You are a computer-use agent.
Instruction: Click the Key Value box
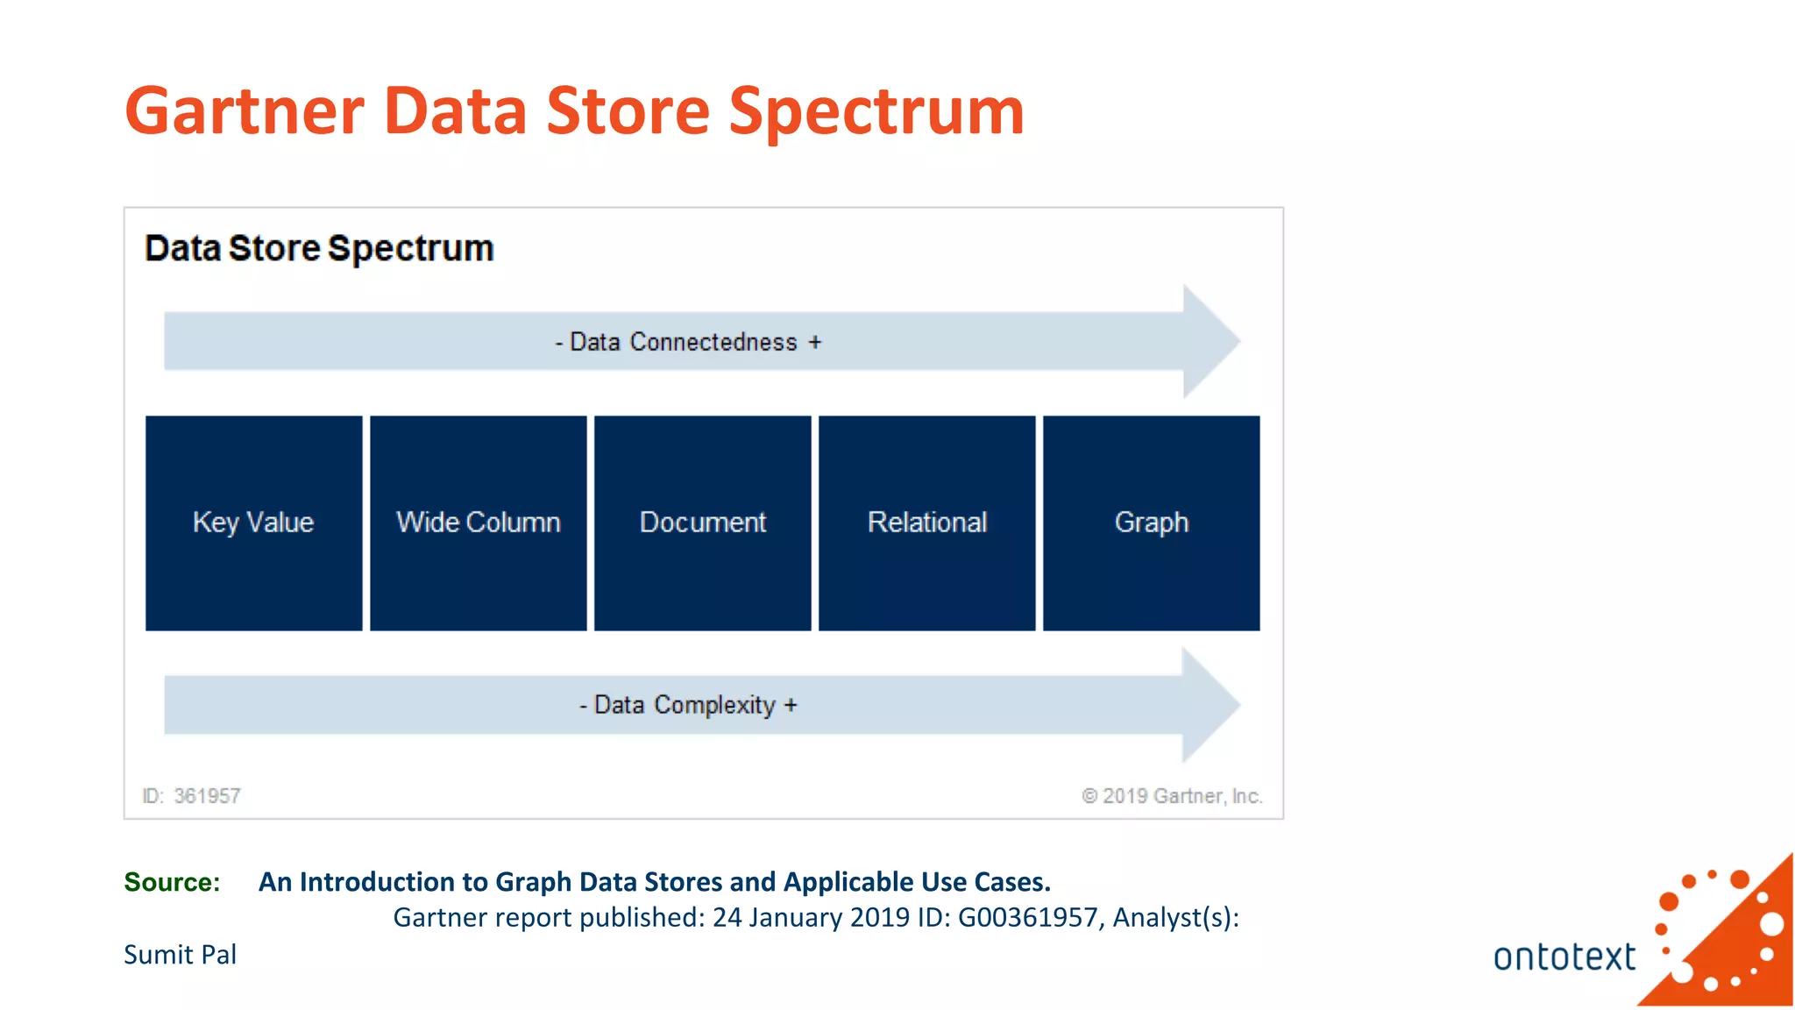[253, 523]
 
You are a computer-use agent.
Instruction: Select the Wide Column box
[478, 523]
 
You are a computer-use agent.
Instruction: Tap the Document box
[702, 523]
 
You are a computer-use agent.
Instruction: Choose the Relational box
[926, 523]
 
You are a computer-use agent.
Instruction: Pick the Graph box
[1151, 523]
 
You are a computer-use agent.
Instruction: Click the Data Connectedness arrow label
[688, 342]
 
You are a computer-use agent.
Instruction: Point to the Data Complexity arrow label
[688, 705]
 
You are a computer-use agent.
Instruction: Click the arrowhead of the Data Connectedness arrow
[1210, 341]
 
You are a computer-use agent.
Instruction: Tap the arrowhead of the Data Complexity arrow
[1210, 704]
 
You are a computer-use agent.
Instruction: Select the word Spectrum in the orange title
[876, 111]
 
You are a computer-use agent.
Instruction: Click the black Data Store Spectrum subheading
[319, 249]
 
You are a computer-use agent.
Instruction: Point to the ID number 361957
[207, 796]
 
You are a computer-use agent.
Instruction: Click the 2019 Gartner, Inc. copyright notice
[1172, 796]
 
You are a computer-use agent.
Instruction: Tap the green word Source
[172, 882]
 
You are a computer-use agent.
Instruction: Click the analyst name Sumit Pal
[180, 955]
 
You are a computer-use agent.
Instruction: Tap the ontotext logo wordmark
[1564, 957]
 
